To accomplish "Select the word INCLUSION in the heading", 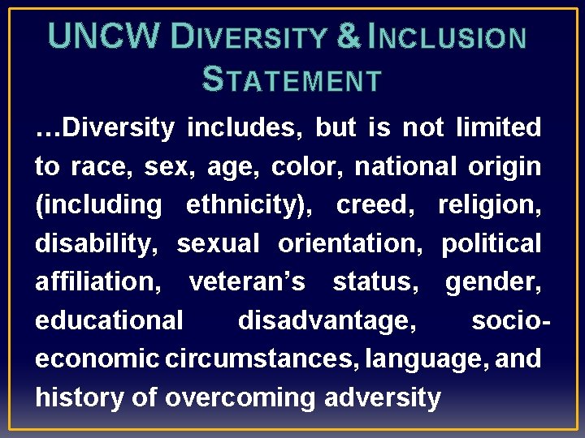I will tap(448, 37).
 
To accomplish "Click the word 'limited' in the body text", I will tap(499, 127).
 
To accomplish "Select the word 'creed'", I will tap(375, 204).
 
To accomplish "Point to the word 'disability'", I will tap(97, 243).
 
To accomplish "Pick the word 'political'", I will tap(491, 243).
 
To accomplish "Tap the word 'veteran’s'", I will tap(247, 281).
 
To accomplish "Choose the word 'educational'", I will tap(109, 320).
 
